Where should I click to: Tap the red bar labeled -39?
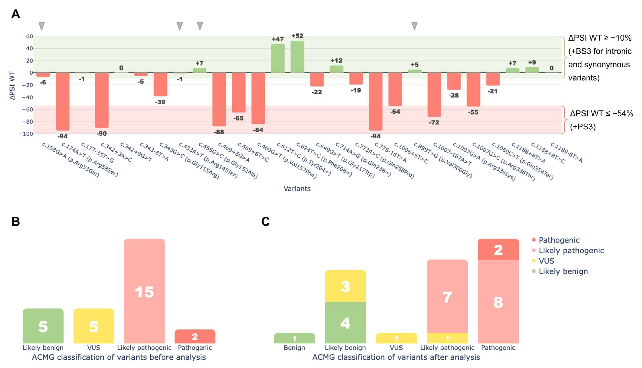point(160,84)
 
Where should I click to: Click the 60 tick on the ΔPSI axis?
point(29,36)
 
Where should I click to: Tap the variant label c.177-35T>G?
point(97,153)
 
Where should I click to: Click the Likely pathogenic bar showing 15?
point(144,291)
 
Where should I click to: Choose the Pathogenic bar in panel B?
point(195,336)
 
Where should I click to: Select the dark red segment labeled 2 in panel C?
point(498,249)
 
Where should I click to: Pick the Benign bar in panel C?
point(294,338)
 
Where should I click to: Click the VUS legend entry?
point(546,261)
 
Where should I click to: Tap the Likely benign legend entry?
point(563,271)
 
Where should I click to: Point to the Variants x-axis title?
point(297,189)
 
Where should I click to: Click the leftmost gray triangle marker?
point(41,26)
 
